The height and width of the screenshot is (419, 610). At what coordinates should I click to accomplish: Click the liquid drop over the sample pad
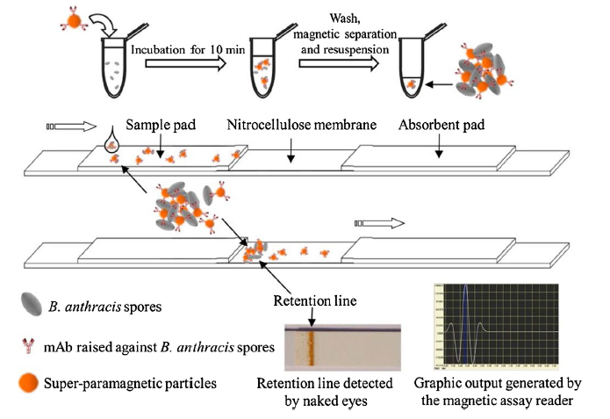tap(111, 140)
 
